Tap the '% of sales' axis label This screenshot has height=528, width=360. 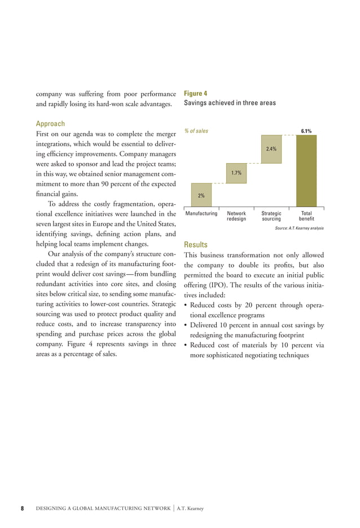coord(196,131)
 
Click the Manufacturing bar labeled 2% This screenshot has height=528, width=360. coord(201,195)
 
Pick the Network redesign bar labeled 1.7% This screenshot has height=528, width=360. coord(236,173)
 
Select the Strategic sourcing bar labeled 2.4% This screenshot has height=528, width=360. coord(271,149)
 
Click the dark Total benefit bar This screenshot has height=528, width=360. coord(306,171)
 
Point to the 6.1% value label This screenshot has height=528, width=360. coord(306,131)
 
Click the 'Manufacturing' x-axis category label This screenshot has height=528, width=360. coord(201,214)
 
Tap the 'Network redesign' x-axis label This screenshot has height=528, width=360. coord(236,217)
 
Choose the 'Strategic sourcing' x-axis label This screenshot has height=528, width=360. coord(271,217)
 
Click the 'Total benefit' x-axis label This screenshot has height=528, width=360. coord(306,217)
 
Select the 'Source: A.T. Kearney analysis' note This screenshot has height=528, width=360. coord(299,228)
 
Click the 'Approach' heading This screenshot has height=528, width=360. coord(50,124)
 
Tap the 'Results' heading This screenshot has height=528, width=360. coord(196,245)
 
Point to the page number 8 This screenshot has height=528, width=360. coord(23,509)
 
